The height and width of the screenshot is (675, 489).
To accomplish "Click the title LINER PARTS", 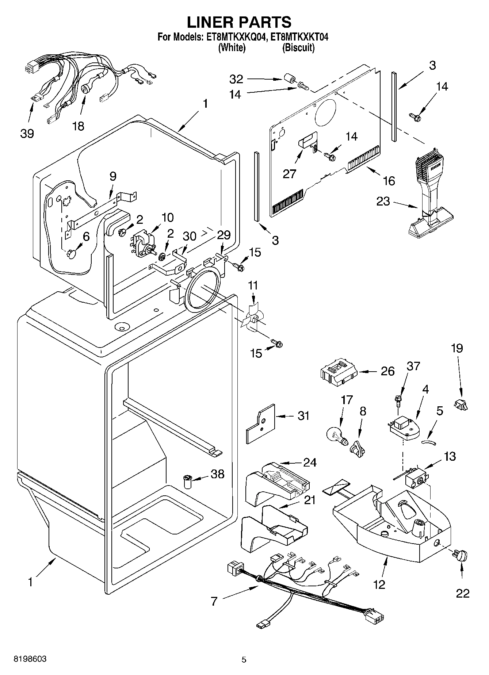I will tap(239, 22).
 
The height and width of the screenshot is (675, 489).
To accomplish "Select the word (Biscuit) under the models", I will tap(298, 47).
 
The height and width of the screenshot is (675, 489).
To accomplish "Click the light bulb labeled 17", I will tap(336, 435).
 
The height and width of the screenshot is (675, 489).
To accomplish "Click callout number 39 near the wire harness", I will tap(27, 134).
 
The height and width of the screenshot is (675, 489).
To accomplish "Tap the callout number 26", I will tap(387, 371).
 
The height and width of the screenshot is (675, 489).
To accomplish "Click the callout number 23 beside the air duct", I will tap(383, 201).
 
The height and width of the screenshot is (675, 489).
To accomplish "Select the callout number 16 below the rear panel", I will tap(389, 180).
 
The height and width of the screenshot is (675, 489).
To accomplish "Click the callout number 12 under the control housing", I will tap(379, 584).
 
